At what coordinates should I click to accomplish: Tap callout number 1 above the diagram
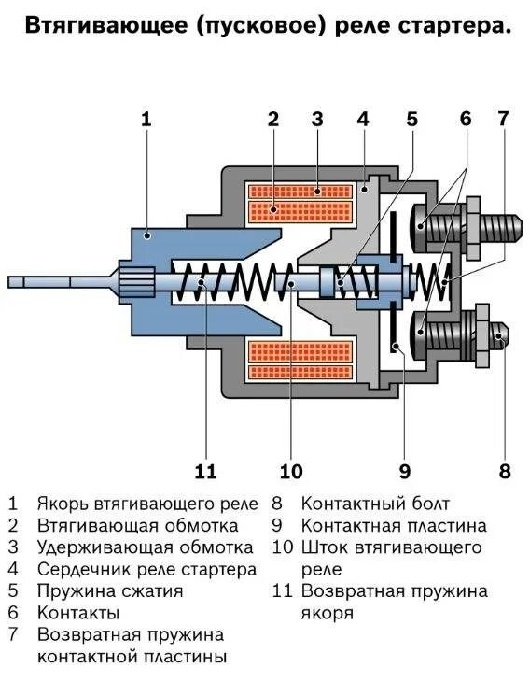point(146,119)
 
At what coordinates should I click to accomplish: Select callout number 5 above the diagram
point(411,119)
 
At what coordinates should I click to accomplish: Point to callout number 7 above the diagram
point(503,119)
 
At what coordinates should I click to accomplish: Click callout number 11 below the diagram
point(205,470)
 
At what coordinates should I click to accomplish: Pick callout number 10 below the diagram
point(290,470)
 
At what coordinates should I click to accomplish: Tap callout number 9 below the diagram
point(404,470)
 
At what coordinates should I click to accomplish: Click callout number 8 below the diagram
point(505,470)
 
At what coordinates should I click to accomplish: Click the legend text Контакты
point(77,614)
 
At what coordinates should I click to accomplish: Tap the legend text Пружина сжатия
point(109,591)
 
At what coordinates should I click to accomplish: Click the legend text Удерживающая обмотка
point(145,547)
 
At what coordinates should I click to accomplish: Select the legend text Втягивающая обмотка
point(137,525)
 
